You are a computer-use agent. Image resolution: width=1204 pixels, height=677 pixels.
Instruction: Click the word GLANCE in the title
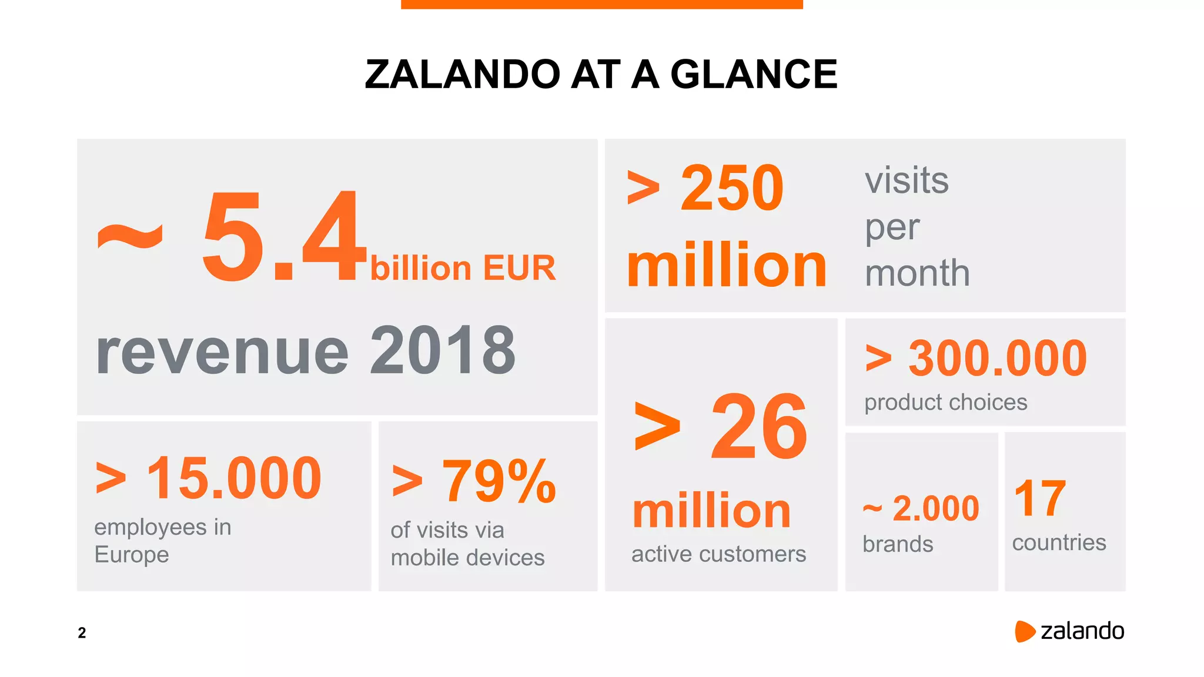(754, 75)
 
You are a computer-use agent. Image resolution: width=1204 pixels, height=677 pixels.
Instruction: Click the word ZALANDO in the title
(462, 75)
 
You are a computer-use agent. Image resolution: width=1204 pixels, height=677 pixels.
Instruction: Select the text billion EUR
(463, 269)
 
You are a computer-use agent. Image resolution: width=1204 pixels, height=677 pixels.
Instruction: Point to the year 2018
(443, 351)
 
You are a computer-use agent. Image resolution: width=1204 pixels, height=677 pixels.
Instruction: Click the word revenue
(222, 352)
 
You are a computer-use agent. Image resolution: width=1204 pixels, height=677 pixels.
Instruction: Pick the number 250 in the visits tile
(731, 188)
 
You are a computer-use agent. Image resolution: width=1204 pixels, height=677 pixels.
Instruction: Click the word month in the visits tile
(917, 273)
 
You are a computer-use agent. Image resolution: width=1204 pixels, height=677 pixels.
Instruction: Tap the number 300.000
(998, 358)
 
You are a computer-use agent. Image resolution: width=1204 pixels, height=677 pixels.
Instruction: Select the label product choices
(945, 403)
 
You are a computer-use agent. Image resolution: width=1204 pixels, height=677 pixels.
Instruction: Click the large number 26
(759, 427)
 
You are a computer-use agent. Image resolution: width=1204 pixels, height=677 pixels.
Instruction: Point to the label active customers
(718, 554)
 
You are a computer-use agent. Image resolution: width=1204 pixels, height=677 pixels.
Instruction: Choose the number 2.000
(935, 508)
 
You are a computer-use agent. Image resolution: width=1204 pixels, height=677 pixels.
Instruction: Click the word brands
(898, 544)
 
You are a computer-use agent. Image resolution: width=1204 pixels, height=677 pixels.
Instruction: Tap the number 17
(1040, 498)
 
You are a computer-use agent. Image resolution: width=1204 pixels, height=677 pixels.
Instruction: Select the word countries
(1059, 542)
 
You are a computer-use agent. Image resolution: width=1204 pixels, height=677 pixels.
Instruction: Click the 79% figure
(499, 482)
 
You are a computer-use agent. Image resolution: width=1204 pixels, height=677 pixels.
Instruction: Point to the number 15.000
(234, 478)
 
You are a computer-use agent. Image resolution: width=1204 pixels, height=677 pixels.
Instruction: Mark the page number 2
(82, 633)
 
